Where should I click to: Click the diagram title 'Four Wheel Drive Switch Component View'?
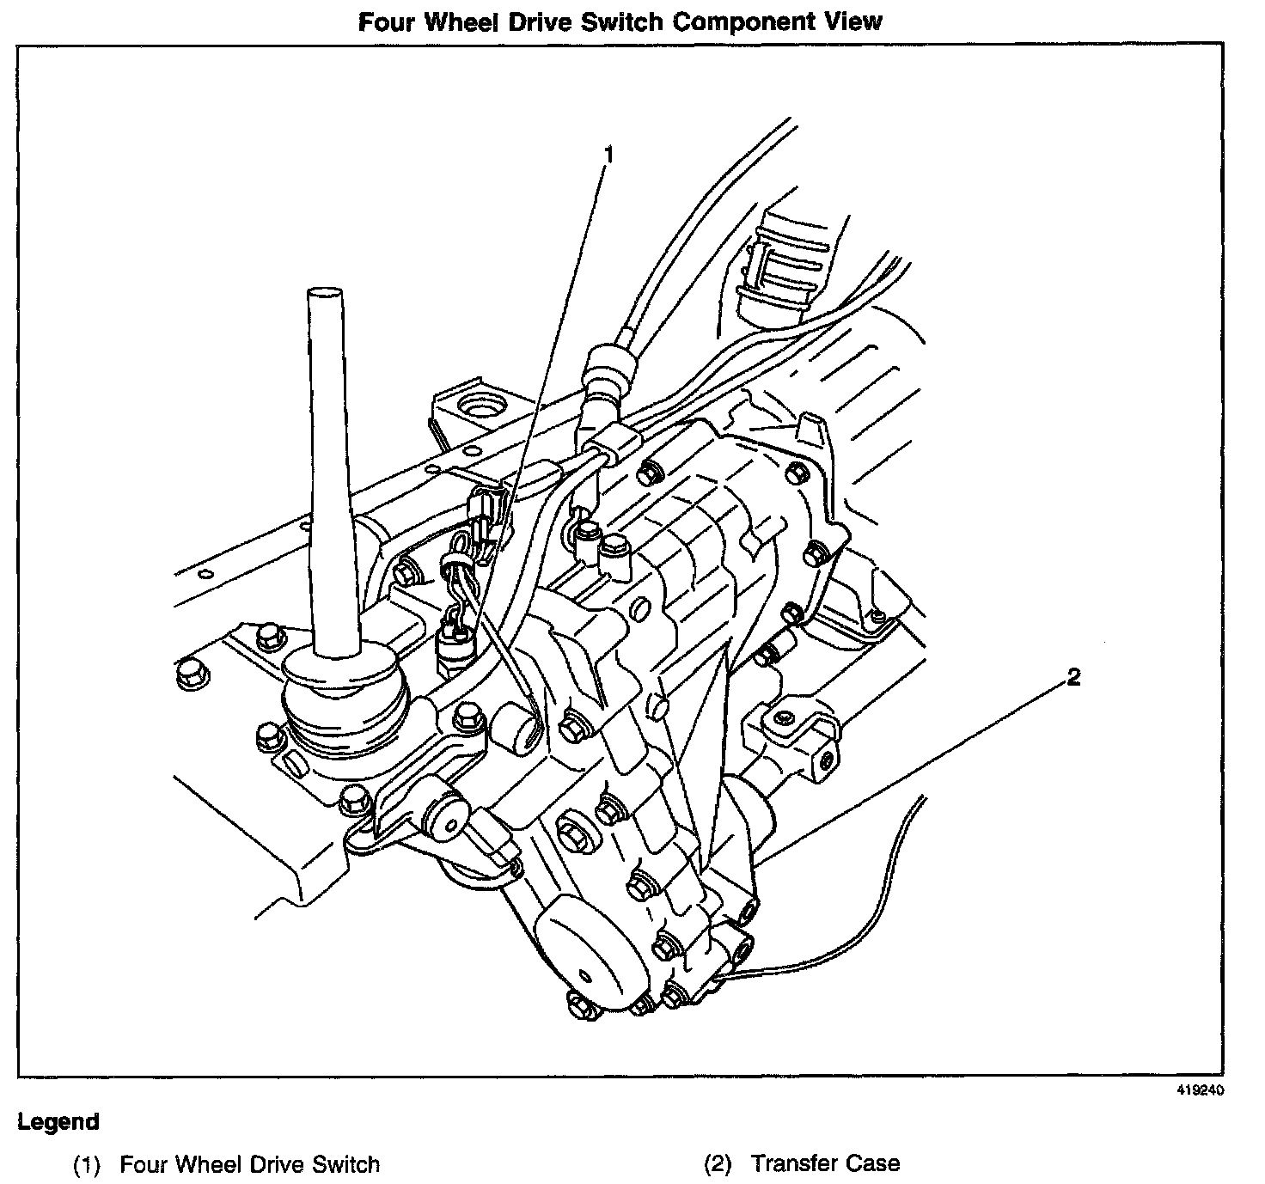(x=620, y=21)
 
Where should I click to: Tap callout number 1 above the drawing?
(x=608, y=155)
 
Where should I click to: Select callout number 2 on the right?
(x=1072, y=677)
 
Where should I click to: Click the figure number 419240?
(x=1200, y=1089)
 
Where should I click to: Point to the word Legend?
(x=58, y=1122)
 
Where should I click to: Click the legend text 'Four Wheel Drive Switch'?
(x=249, y=1165)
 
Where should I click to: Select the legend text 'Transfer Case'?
(x=825, y=1164)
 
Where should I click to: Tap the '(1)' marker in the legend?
(x=87, y=1166)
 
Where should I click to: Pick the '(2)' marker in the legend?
(x=718, y=1165)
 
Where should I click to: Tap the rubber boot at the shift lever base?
(x=344, y=696)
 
